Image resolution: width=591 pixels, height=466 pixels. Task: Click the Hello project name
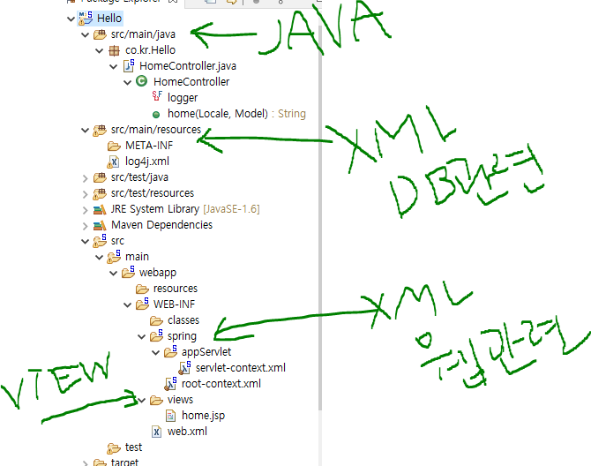(x=109, y=19)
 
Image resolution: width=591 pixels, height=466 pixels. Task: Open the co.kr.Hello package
(x=152, y=50)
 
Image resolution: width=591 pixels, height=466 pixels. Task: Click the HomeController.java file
(x=187, y=66)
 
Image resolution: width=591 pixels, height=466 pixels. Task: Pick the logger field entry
(x=183, y=98)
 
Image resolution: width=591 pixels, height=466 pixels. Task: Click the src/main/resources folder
(x=156, y=130)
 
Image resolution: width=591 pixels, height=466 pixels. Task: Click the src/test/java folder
(x=140, y=177)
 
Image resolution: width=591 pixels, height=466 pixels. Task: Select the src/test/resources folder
(x=153, y=193)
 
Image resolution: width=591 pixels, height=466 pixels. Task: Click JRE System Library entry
(x=155, y=209)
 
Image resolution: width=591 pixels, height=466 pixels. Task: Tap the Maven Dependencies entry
(x=161, y=225)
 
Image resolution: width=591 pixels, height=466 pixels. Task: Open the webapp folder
(x=157, y=273)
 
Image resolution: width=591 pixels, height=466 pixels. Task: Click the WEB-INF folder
(x=175, y=304)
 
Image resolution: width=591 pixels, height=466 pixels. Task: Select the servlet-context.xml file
(x=241, y=368)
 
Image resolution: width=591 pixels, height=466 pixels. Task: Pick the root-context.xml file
(x=221, y=384)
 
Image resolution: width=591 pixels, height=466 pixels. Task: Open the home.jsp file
(x=202, y=416)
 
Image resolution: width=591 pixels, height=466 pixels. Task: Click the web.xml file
(x=186, y=432)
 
